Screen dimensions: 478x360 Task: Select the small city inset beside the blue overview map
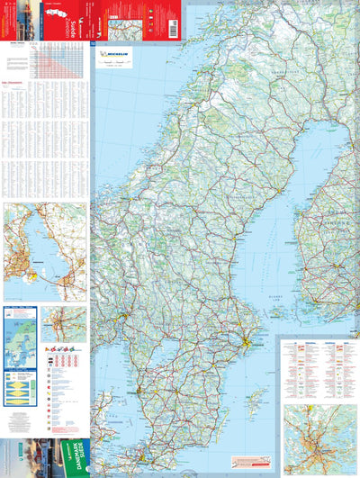[65, 324]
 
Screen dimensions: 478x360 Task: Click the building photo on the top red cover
[27, 17]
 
